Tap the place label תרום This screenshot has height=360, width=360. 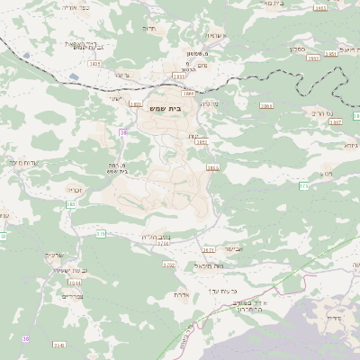coord(148,29)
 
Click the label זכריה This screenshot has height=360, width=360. coord(76,190)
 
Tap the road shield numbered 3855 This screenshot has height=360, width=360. coord(212,167)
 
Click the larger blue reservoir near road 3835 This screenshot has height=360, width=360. coord(26,56)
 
